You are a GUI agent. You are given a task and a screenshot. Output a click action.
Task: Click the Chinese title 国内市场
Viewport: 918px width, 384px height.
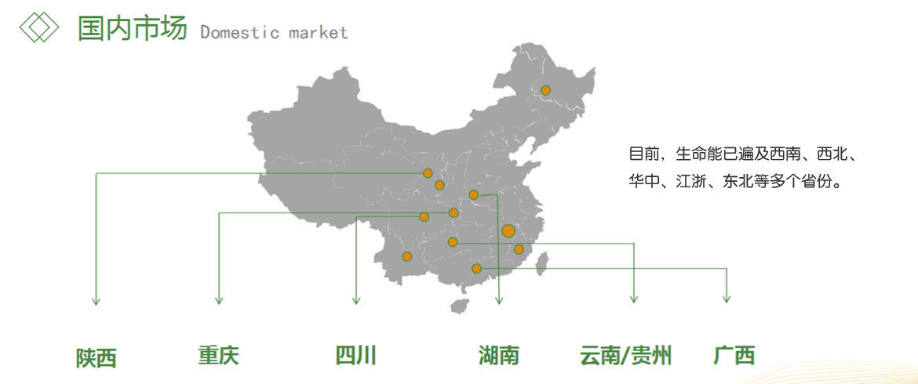click(132, 28)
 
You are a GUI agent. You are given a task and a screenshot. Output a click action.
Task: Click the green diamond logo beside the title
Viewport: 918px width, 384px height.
click(39, 27)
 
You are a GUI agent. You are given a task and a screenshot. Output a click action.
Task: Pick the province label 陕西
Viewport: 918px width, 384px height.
click(97, 358)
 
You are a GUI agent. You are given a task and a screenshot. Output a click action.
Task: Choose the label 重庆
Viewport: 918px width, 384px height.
click(218, 356)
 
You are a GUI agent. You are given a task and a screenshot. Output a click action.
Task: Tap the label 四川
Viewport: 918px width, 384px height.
click(355, 356)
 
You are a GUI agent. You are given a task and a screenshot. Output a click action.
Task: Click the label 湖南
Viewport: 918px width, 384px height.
click(499, 356)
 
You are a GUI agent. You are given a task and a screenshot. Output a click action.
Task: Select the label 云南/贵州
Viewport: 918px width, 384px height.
click(625, 356)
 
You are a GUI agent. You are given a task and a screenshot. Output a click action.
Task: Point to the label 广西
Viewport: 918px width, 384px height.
click(734, 356)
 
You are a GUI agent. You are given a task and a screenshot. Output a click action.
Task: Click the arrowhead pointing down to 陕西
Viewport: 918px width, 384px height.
click(96, 300)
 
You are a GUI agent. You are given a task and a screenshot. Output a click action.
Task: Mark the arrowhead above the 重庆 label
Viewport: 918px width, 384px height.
click(219, 300)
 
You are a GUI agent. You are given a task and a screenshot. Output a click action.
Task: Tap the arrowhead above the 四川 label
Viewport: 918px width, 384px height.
click(356, 300)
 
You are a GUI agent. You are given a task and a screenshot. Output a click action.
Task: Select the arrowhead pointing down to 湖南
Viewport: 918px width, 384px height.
click(499, 300)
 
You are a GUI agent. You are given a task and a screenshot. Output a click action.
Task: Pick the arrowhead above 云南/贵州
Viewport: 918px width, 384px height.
click(634, 299)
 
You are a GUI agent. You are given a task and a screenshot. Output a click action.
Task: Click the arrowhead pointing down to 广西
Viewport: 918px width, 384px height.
click(727, 299)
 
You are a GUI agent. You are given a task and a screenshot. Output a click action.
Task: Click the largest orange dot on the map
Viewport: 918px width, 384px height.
click(508, 231)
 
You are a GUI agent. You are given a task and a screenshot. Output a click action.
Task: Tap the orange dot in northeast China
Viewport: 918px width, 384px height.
click(545, 90)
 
